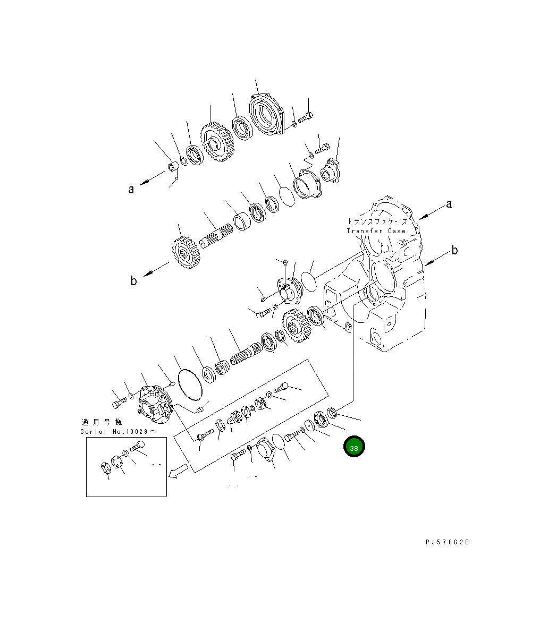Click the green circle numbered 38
coord(354,447)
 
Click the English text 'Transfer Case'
coord(376,231)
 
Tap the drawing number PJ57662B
coord(447,542)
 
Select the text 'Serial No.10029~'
coord(119,431)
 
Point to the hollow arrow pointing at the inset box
coord(178,471)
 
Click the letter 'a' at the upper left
coord(131,189)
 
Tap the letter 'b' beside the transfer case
coord(454,251)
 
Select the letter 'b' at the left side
coord(133,281)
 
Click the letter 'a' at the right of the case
coord(449,204)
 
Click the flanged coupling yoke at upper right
coord(332,170)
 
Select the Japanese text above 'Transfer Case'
coord(377,221)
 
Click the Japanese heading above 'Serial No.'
coord(102,422)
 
